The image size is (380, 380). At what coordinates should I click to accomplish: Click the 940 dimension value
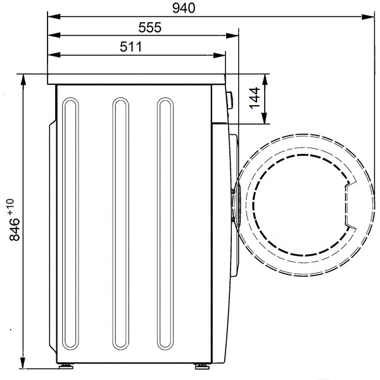coord(184,8)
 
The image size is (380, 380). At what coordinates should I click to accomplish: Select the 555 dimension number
coord(149,27)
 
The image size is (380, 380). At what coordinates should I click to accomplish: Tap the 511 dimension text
coord(131,47)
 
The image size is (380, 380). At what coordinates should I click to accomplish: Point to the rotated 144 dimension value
coord(255,98)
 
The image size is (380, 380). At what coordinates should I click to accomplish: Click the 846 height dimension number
coord(15,229)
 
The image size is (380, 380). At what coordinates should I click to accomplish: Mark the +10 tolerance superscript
coord(11,206)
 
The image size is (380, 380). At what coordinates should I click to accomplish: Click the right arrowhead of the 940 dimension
coord(369,16)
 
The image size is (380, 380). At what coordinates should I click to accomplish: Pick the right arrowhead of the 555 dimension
coord(232,35)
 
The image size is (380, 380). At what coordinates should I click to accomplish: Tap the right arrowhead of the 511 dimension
coord(219,55)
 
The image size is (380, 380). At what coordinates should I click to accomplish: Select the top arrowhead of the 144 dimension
coord(265,80)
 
